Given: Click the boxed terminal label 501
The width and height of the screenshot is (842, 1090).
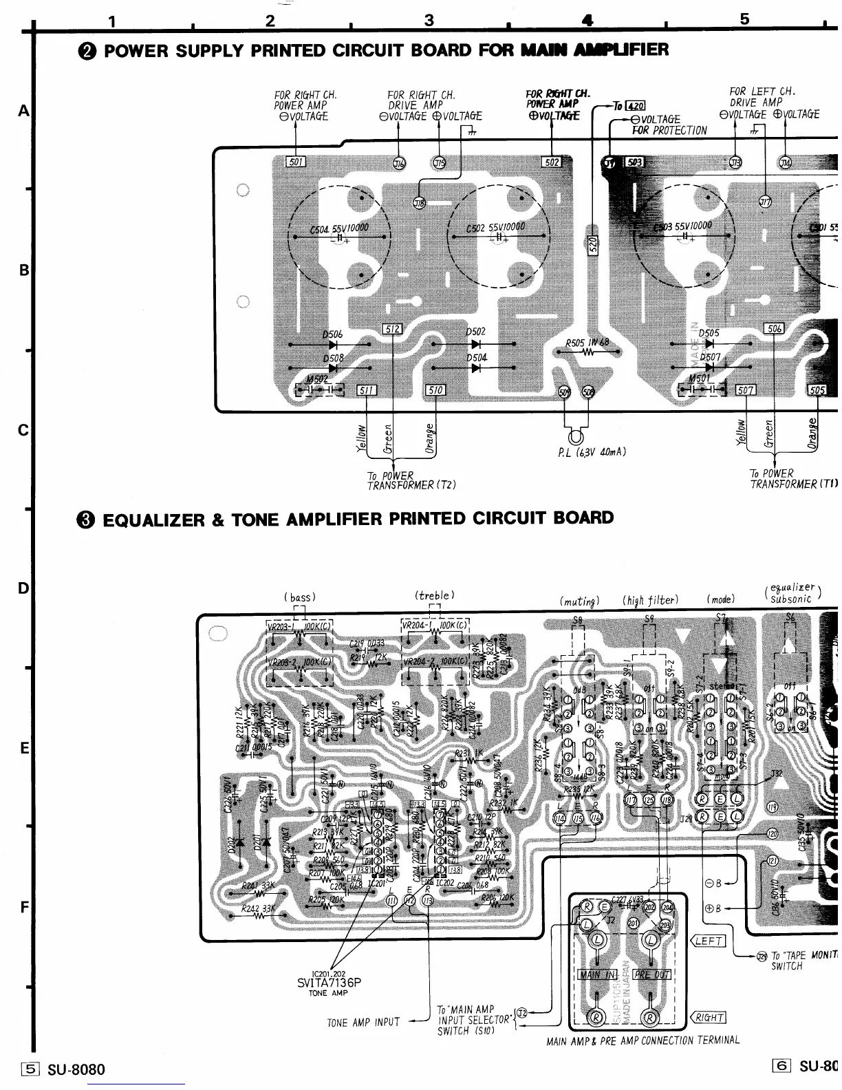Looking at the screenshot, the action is [x=296, y=162].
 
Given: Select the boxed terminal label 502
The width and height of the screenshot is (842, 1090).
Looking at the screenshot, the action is [x=552, y=162].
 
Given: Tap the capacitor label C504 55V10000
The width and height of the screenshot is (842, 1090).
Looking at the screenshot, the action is [x=339, y=228].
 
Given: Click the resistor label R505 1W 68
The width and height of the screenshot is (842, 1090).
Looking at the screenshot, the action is [x=587, y=343].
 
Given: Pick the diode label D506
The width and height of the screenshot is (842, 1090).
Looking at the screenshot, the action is [x=332, y=334].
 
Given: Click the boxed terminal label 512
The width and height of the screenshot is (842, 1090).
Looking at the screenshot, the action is [x=391, y=330].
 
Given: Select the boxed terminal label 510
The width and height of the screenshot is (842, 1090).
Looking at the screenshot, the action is [x=435, y=390].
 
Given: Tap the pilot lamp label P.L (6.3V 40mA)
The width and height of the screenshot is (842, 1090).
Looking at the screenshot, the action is [x=592, y=452].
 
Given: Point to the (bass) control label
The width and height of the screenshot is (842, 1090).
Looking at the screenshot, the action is [x=299, y=597].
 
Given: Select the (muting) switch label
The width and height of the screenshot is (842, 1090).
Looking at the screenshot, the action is [x=579, y=601].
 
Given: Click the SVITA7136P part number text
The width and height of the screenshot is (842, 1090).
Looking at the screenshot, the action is [x=328, y=983].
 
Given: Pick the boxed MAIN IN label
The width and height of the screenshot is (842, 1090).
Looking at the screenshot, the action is [x=597, y=974].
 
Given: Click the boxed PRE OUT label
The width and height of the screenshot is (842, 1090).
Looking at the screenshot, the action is [x=651, y=974].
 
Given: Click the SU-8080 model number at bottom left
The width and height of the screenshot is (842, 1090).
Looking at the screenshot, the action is [x=76, y=1069].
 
